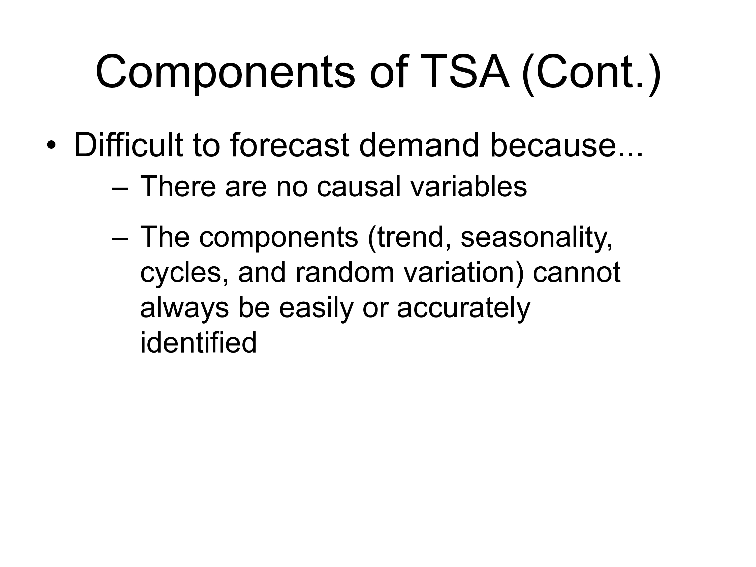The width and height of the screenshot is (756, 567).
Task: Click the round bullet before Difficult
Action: pyautogui.click(x=51, y=145)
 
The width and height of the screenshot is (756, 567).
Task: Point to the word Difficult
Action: pyautogui.click(x=129, y=145)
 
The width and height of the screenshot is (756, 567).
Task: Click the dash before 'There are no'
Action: pyautogui.click(x=120, y=189)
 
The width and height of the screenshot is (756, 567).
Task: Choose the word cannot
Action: pyautogui.click(x=577, y=273)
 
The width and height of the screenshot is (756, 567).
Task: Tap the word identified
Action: pyautogui.click(x=198, y=342)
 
